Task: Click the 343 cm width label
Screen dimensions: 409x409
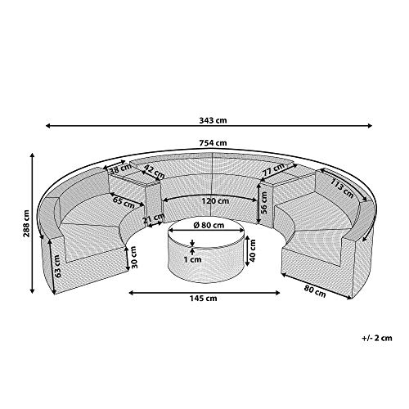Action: click(213, 120)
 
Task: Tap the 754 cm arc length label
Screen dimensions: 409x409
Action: click(213, 142)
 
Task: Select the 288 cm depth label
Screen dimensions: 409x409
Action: click(26, 223)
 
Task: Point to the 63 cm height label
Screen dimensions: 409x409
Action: click(58, 266)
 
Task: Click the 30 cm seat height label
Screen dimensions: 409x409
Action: click(133, 257)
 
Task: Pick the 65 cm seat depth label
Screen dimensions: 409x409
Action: click(124, 202)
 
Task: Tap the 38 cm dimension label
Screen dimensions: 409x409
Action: click(120, 169)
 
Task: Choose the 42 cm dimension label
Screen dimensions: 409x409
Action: click(154, 172)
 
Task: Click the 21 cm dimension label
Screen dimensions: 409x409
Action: click(154, 218)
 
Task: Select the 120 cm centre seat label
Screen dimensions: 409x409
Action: click(215, 201)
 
